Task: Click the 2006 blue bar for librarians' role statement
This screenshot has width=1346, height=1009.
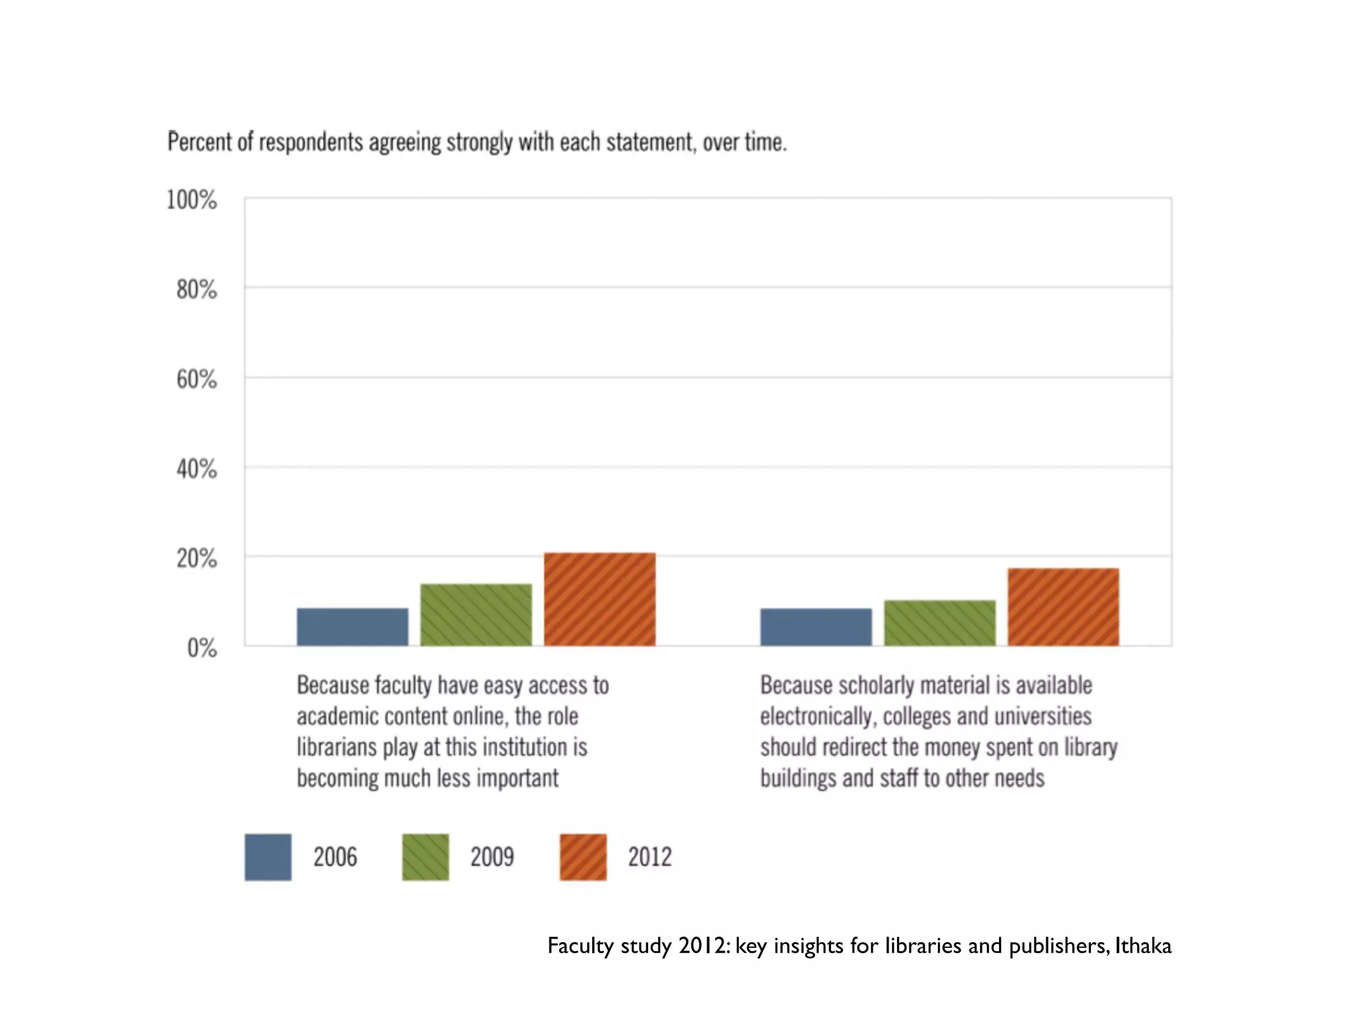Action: click(x=352, y=627)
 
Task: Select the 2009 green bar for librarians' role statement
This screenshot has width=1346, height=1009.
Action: click(x=476, y=615)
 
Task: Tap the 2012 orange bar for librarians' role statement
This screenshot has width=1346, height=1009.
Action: click(x=599, y=599)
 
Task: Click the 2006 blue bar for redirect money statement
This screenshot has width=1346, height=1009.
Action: click(x=816, y=627)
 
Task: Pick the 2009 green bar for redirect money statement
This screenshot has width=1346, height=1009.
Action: click(x=939, y=623)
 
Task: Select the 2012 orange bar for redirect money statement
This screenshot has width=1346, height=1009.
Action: click(x=1063, y=607)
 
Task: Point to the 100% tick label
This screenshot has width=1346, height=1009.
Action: click(x=191, y=200)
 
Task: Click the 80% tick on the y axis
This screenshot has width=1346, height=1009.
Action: click(x=196, y=290)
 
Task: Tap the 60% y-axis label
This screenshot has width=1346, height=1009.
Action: click(x=196, y=380)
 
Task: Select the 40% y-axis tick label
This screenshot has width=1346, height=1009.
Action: click(x=196, y=469)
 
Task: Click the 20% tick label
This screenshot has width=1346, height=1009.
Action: click(x=196, y=559)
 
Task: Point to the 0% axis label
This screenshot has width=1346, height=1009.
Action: click(x=201, y=648)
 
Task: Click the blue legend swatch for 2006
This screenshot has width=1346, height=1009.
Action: click(x=267, y=857)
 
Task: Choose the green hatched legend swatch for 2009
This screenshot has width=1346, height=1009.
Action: click(x=425, y=857)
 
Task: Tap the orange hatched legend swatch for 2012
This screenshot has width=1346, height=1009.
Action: click(x=583, y=857)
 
